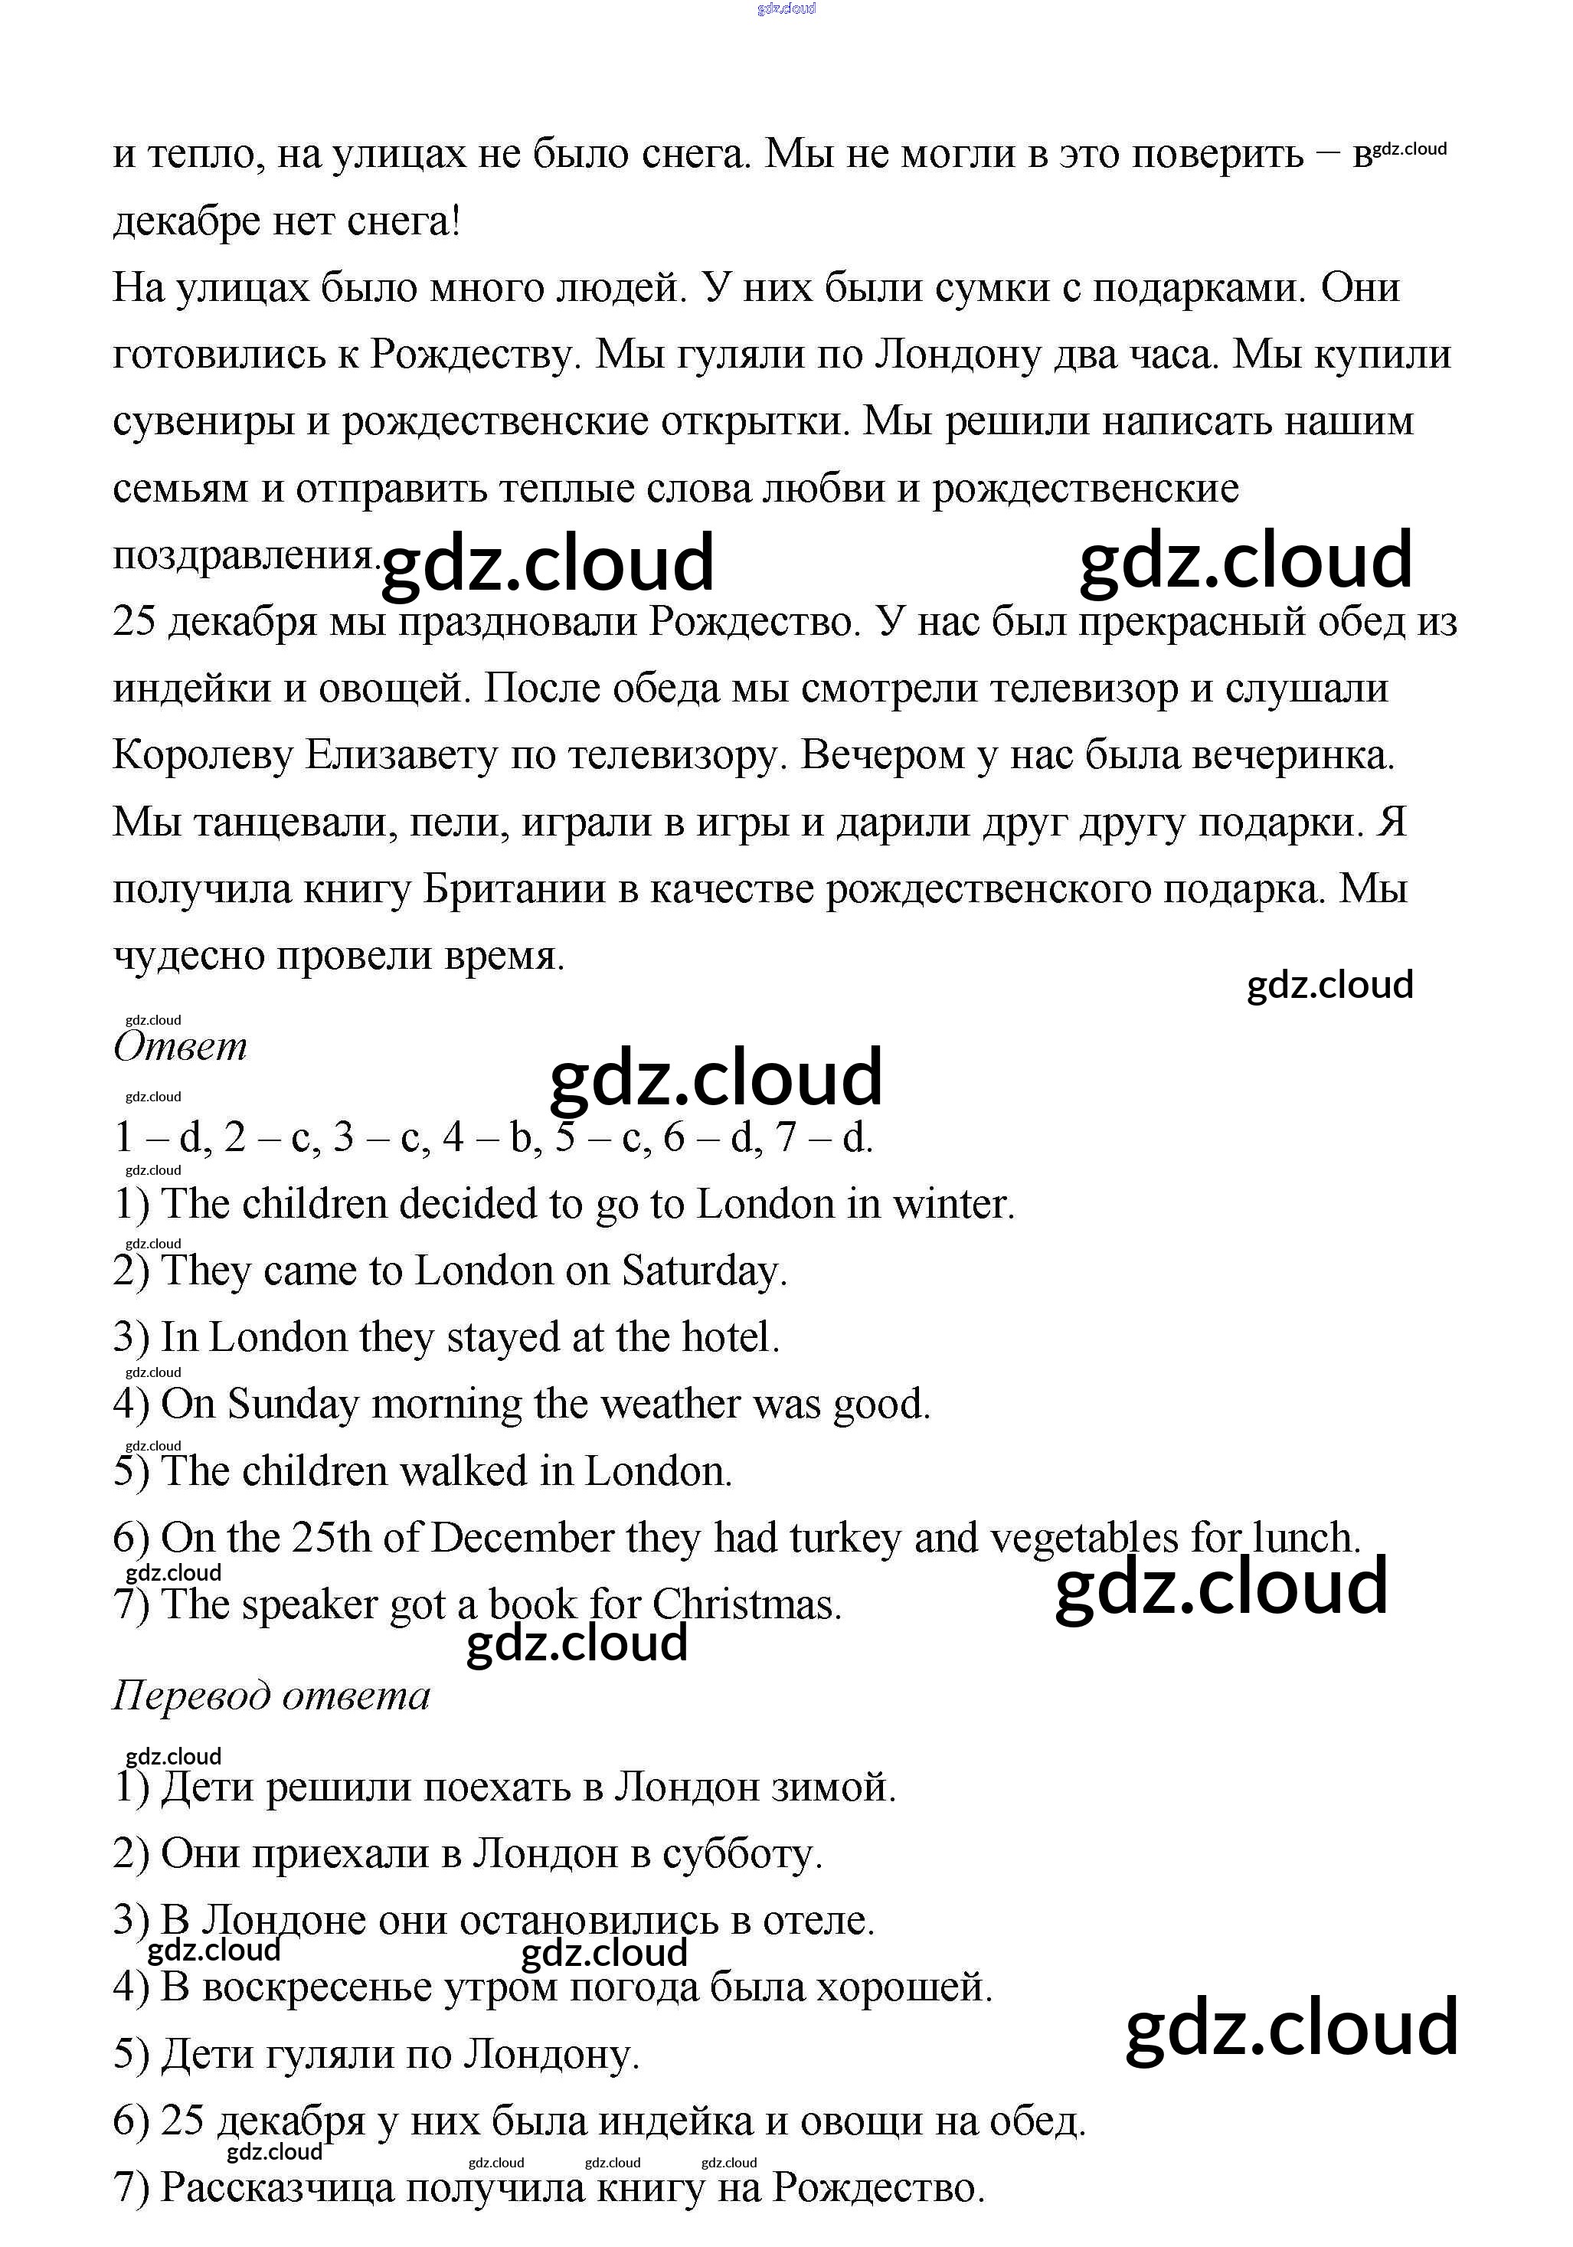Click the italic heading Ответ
tap(180, 1046)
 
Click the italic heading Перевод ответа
tap(271, 1695)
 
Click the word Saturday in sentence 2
tap(704, 1271)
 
